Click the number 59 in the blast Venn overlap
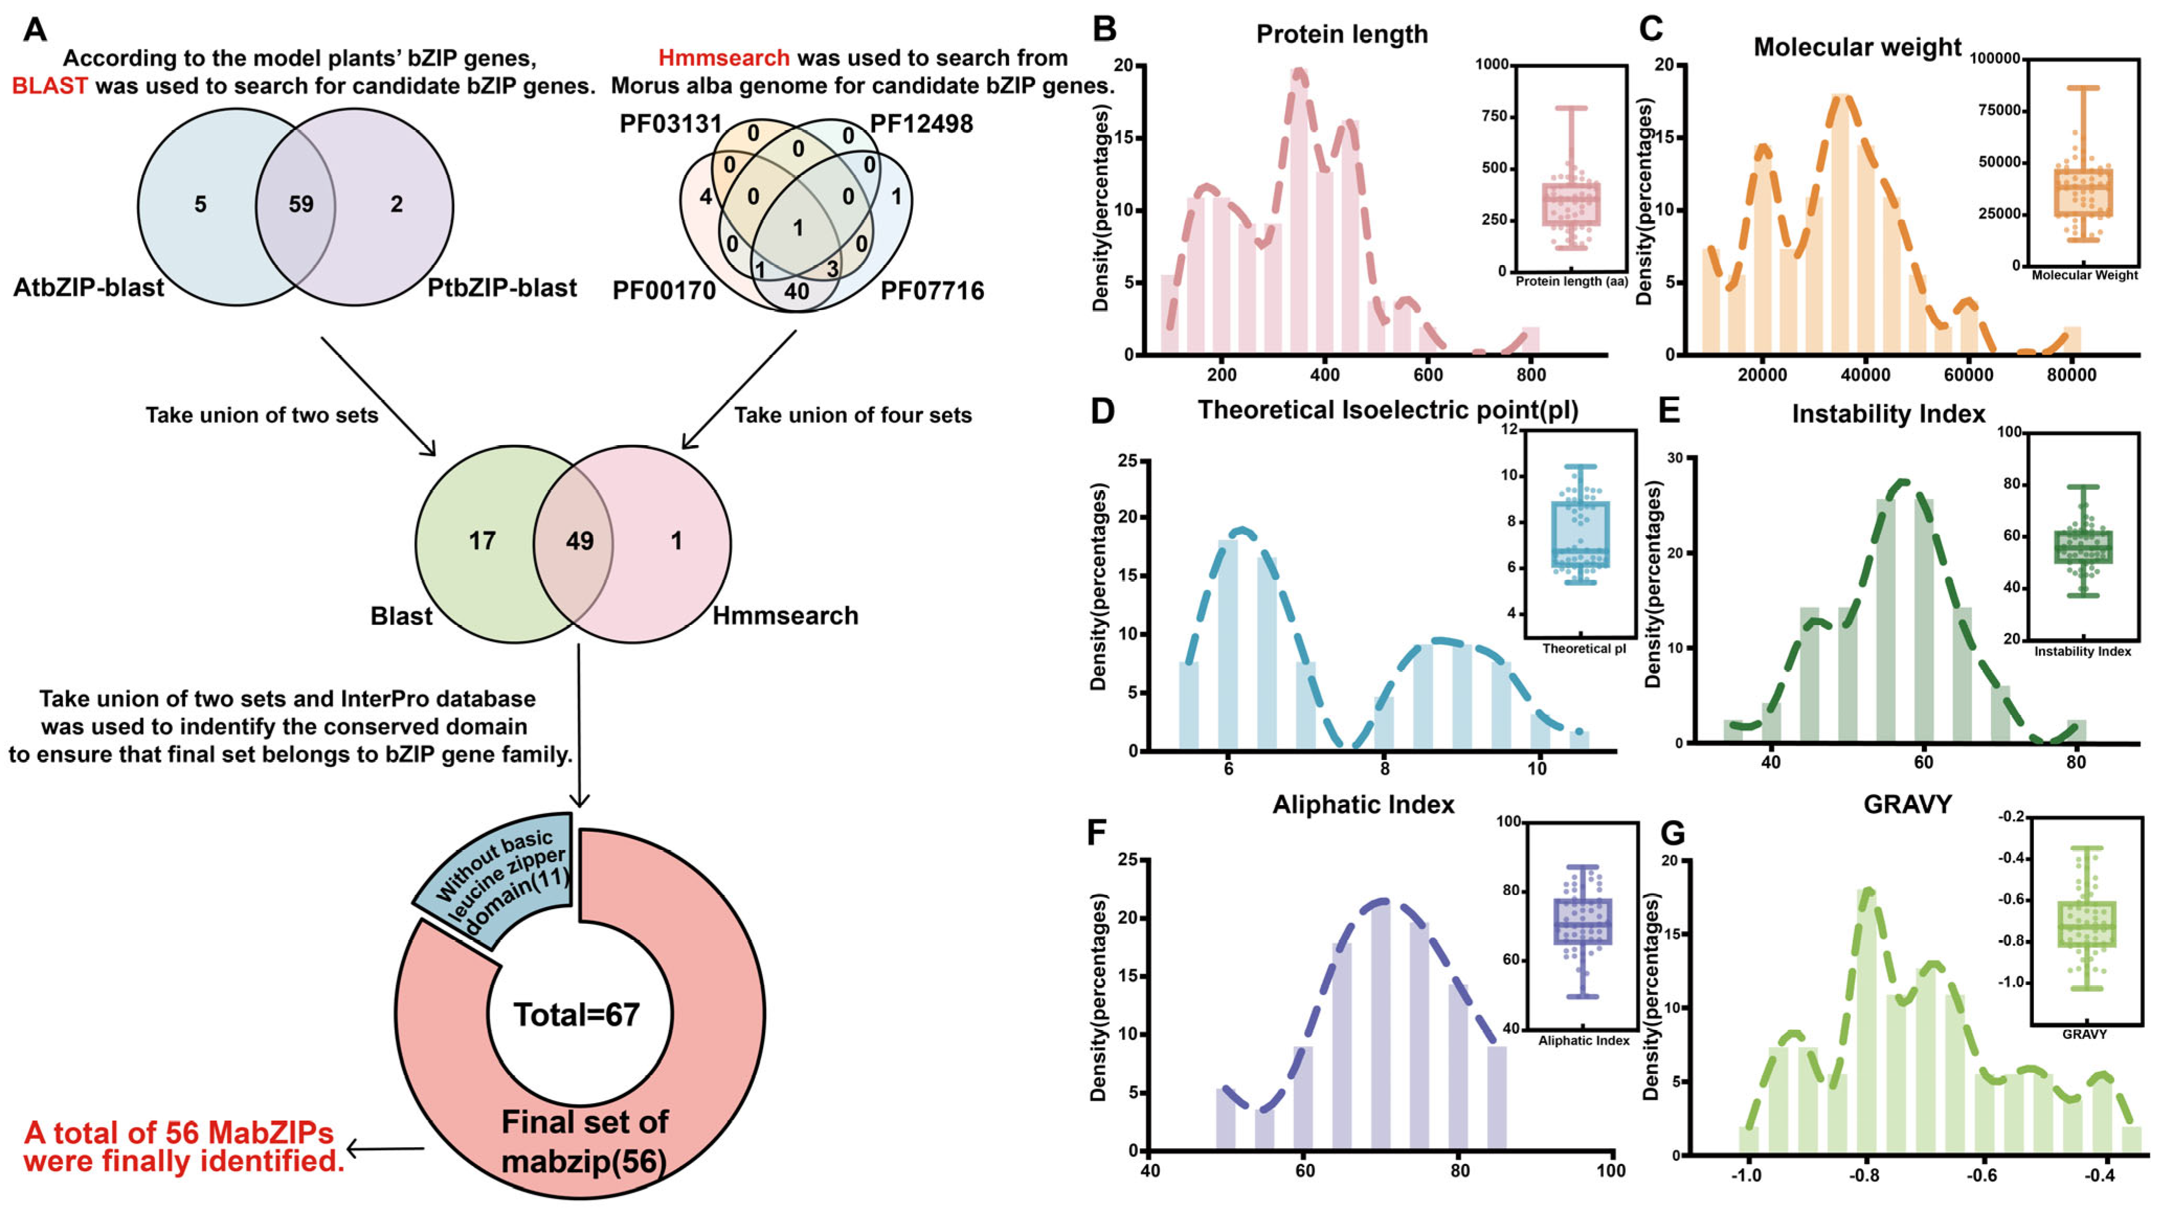[x=301, y=204]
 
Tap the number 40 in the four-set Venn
[x=796, y=291]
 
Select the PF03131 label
[x=670, y=125]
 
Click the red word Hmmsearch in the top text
[x=723, y=58]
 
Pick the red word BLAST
[x=50, y=86]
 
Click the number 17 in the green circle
[x=482, y=541]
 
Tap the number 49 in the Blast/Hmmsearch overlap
[x=580, y=541]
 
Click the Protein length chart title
[x=1342, y=35]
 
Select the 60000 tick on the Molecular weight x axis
[x=1968, y=375]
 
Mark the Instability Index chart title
[x=1888, y=414]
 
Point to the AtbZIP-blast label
[x=88, y=288]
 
